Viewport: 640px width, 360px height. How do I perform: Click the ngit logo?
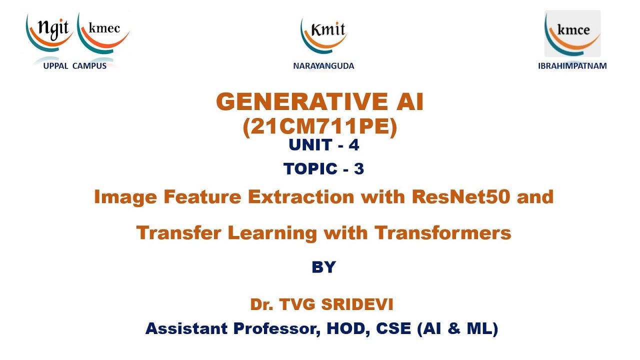[50, 32]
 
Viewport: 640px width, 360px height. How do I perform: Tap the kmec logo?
[104, 32]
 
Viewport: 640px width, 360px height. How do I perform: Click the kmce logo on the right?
[572, 33]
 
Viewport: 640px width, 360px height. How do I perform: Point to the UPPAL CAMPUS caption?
[74, 66]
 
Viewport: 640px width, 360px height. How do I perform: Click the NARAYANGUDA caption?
[323, 66]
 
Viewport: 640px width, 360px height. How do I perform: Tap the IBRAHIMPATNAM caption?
[572, 66]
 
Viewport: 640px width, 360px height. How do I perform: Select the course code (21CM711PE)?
[320, 127]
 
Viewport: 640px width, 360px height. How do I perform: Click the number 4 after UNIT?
[354, 145]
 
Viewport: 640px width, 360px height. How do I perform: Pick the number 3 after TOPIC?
[358, 169]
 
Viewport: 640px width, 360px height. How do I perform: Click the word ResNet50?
[462, 197]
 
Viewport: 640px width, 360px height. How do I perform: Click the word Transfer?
[178, 232]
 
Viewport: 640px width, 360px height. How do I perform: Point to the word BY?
[323, 267]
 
